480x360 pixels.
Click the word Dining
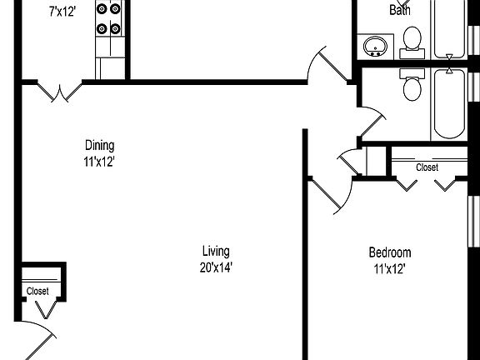[100, 145]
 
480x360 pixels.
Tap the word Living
[216, 251]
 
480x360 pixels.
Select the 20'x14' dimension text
[216, 267]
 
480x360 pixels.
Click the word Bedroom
[390, 252]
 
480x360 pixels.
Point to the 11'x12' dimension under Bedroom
[390, 269]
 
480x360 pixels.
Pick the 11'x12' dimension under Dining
[99, 162]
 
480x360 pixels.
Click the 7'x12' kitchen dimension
[62, 12]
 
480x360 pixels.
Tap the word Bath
[400, 10]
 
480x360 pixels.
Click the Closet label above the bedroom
[427, 167]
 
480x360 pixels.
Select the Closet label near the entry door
[37, 291]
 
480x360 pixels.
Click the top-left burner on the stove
[102, 9]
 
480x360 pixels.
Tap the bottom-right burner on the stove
[115, 29]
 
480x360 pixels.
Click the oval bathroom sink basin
[375, 47]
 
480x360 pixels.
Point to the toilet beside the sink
[412, 42]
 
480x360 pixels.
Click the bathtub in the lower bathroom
[449, 104]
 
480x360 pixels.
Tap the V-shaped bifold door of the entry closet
[46, 309]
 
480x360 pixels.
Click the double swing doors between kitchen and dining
[60, 92]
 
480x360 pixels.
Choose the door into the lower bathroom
[372, 122]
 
